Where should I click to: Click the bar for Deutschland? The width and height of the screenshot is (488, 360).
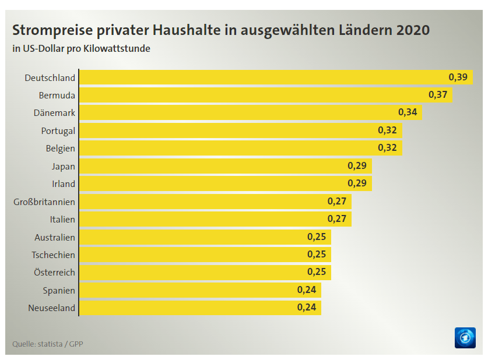[262, 77]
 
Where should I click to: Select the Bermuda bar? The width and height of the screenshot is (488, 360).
[257, 95]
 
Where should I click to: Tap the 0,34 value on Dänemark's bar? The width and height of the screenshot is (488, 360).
[408, 112]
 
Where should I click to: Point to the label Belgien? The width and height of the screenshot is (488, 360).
[60, 149]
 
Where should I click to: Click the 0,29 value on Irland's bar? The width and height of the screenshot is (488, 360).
[357, 183]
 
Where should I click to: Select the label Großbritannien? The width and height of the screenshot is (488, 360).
[44, 202]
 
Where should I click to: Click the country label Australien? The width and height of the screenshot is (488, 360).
[55, 237]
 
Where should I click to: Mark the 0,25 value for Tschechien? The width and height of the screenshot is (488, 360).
[317, 255]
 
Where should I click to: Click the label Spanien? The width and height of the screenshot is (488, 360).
[59, 290]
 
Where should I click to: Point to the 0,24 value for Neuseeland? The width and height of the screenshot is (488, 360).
[307, 308]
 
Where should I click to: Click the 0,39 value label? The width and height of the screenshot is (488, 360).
[458, 77]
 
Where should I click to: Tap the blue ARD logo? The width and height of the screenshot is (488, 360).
[465, 338]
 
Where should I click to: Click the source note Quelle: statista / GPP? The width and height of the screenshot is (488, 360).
[48, 344]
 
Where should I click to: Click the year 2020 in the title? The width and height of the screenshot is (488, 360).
[413, 30]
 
